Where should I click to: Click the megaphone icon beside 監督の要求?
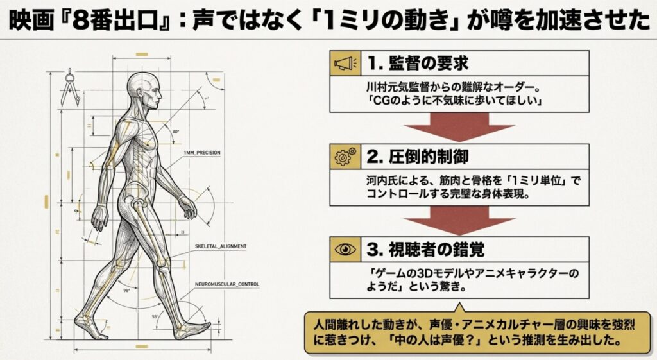pos(345,64)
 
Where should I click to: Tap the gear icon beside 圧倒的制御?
pos(345,157)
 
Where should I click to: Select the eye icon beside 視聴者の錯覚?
pos(345,250)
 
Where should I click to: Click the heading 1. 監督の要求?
pos(418,64)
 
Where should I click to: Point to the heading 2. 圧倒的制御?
pos(418,157)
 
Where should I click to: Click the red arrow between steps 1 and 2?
pos(459,126)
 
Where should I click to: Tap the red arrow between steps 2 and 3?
pos(459,220)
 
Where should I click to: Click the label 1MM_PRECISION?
pos(202,153)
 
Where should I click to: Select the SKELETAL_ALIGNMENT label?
pos(221,246)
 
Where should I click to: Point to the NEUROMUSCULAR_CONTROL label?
pos(227,284)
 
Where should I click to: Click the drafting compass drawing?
pos(69,88)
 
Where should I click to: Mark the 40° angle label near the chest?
pos(176,132)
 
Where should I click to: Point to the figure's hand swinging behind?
pos(99,218)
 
